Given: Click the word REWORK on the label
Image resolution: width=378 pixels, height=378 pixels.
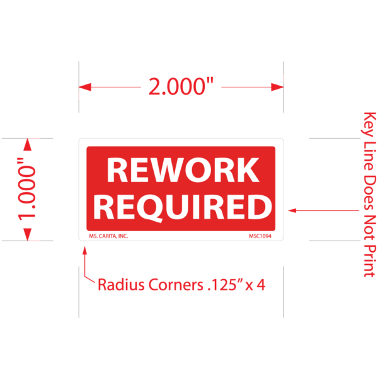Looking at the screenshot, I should point(182,171).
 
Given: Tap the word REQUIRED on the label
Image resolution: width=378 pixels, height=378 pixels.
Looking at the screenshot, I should point(186,207).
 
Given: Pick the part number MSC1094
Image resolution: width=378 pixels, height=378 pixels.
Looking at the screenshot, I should point(260,236).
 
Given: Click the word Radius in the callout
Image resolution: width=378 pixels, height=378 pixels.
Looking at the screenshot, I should point(120,284).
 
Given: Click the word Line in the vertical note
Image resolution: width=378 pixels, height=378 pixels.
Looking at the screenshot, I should point(369,157).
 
